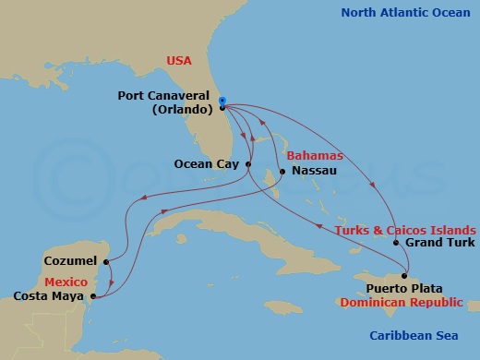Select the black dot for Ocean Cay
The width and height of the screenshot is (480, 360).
248,164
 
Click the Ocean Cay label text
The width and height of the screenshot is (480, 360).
206,164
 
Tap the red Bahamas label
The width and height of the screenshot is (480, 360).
315,156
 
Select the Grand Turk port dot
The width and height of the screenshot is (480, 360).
396,244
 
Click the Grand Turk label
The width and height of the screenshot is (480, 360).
439,244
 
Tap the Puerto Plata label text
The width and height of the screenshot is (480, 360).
374,288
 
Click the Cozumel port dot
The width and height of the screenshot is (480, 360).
109,261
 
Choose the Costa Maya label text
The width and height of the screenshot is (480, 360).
51,296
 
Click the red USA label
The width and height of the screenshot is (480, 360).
179,60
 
